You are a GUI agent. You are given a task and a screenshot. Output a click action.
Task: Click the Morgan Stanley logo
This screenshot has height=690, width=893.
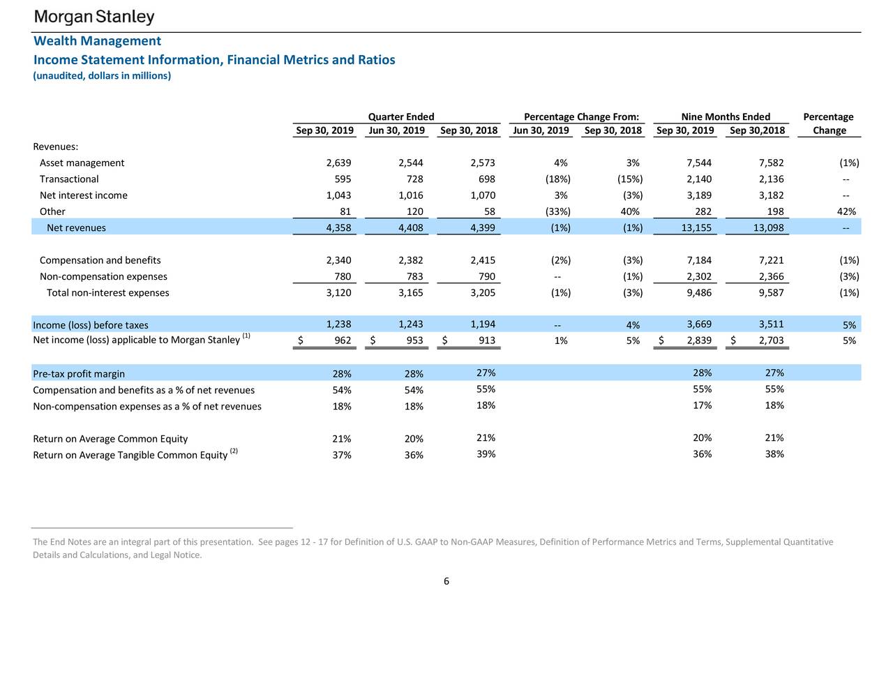tap(94, 17)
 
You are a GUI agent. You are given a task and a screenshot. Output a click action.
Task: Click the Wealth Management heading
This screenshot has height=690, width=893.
tap(97, 41)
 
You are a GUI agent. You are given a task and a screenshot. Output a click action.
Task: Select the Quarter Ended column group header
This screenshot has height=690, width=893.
tap(400, 117)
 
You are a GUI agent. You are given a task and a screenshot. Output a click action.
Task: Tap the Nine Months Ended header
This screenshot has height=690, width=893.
tap(726, 117)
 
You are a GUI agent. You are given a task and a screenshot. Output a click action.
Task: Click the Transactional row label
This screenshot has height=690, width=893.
tap(69, 179)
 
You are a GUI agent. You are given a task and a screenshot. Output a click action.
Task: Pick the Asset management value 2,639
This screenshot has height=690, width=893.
tap(338, 163)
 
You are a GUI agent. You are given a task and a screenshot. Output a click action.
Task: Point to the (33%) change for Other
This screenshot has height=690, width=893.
tap(557, 211)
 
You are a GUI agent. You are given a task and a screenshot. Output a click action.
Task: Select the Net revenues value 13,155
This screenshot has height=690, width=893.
tap(696, 228)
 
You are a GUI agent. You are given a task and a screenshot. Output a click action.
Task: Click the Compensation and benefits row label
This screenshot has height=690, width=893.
tap(100, 260)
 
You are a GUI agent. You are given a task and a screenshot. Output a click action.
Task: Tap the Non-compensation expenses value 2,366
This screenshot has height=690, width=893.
tap(771, 276)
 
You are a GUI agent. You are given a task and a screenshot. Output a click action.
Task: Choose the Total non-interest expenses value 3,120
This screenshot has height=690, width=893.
tap(338, 293)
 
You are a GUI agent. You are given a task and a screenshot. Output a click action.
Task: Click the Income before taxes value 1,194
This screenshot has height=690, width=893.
tap(483, 324)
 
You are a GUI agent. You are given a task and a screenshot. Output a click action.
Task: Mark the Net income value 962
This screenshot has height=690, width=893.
tap(342, 341)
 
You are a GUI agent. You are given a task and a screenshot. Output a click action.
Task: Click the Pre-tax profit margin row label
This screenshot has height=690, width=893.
tap(79, 374)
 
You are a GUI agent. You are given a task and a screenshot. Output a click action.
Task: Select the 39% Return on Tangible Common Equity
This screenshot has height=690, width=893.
tap(486, 454)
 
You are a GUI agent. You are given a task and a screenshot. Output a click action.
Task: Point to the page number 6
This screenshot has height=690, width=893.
tap(446, 581)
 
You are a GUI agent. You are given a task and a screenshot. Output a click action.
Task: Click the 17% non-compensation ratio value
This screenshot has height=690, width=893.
tap(703, 405)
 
